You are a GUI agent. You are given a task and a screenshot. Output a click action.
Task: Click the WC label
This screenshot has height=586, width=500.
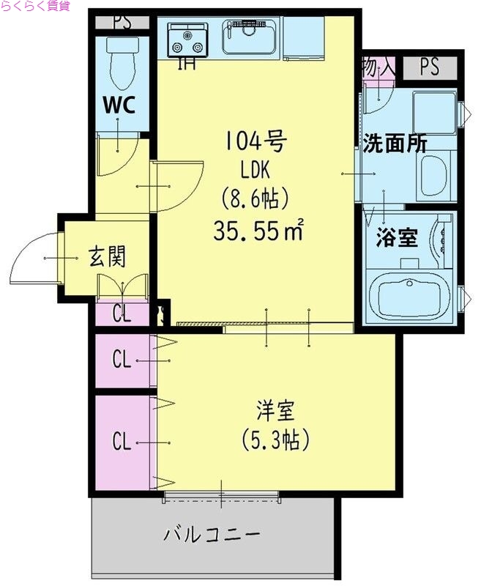118,105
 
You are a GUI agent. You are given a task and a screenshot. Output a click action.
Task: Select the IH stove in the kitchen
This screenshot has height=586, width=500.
187,40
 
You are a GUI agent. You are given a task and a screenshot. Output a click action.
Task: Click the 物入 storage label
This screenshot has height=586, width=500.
378,67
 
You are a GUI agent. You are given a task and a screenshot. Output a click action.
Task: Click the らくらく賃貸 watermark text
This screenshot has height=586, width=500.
35,7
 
